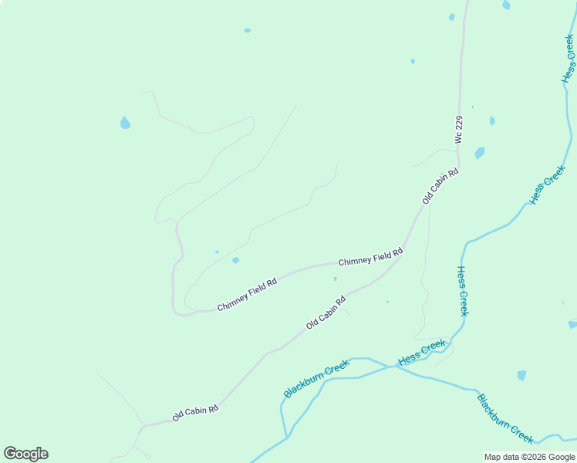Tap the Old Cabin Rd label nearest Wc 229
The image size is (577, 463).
pos(440,186)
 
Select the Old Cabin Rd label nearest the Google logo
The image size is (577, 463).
pos(195,413)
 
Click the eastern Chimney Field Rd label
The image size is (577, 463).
pos(371,257)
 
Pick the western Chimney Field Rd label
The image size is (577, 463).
pos(247,295)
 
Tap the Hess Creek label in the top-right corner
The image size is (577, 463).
pos(569,59)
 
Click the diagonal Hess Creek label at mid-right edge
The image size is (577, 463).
pos(548,184)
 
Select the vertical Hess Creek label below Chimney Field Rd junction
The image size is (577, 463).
pos(462,291)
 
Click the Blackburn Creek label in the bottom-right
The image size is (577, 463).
pos(505,419)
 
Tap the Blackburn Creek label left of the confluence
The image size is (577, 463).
pos(316,378)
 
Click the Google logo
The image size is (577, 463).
pos(25,454)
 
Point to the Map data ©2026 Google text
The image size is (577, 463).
pos(530,457)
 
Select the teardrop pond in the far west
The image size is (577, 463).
pos(125,123)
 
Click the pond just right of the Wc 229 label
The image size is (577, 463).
pos(480,153)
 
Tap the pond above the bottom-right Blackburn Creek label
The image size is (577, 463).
pos(521,376)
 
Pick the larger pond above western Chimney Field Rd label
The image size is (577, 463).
pos(235,260)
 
